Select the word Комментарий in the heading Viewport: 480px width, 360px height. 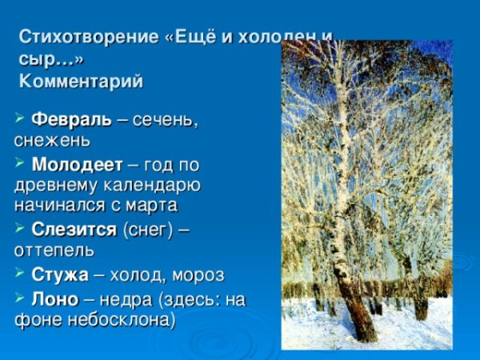[81, 82]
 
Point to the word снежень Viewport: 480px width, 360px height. [52, 140]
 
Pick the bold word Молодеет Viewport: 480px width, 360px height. [77, 165]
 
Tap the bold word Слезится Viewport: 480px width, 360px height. [74, 230]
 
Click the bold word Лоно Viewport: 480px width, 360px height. [54, 298]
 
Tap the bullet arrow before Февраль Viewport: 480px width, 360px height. [20, 120]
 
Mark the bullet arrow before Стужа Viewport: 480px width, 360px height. [20, 274]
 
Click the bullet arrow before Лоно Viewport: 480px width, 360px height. [20, 298]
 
